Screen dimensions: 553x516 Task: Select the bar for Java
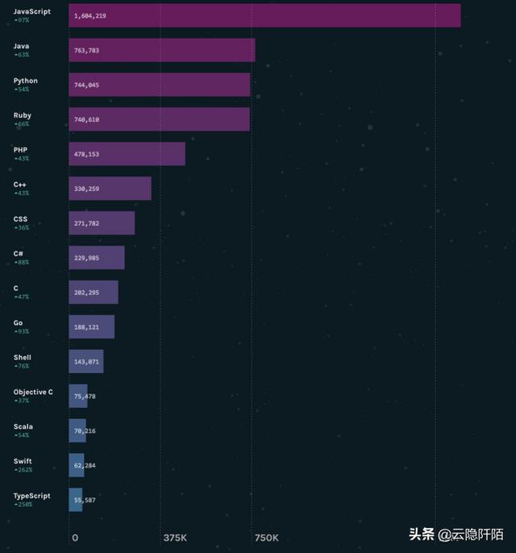161,50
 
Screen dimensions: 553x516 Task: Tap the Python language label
25,81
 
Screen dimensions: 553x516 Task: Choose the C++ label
20,185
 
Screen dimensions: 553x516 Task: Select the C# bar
97,258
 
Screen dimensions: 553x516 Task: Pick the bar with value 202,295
94,293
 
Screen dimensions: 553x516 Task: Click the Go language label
18,322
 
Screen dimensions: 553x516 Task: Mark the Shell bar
86,362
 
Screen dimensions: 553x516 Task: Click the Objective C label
33,392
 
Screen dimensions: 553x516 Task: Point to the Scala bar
77,431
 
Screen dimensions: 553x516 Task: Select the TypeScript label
31,496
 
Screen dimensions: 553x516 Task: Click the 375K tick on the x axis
175,538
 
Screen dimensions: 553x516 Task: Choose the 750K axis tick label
266,538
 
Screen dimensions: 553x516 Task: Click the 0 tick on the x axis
75,538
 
